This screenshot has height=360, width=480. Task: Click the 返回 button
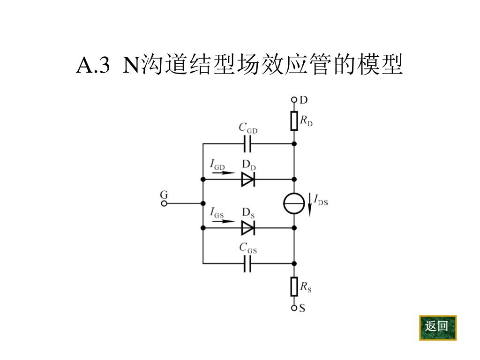[437, 327]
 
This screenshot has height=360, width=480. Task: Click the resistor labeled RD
[294, 121]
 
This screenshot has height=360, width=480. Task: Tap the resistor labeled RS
[294, 286]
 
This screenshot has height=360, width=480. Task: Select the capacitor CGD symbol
[248, 143]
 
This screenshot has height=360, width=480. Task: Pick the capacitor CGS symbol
[248, 263]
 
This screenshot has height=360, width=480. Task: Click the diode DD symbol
[248, 179]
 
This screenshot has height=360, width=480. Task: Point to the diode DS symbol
[248, 228]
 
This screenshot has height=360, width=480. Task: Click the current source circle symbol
[294, 203]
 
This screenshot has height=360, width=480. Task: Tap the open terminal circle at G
[164, 203]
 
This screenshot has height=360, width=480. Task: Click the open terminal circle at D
[294, 99]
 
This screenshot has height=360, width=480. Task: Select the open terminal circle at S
[294, 308]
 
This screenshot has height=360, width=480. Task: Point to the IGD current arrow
[222, 172]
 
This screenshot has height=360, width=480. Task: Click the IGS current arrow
[222, 221]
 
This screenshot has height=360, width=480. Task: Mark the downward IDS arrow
[309, 203]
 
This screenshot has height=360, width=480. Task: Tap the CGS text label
[247, 248]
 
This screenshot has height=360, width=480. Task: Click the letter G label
[164, 194]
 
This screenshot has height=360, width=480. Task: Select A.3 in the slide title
[93, 66]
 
